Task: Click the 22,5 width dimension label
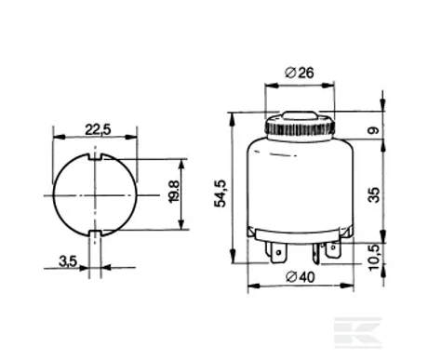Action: [x=98, y=129]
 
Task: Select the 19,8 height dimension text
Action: [x=174, y=192]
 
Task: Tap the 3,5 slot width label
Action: [x=68, y=261]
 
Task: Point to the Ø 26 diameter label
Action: [x=300, y=73]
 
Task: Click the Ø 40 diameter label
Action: [x=301, y=276]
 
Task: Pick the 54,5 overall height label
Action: [x=221, y=193]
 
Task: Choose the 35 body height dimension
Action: [x=374, y=194]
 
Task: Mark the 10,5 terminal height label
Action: [x=374, y=258]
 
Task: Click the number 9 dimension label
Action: [x=374, y=129]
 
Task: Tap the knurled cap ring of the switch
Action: [x=300, y=127]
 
